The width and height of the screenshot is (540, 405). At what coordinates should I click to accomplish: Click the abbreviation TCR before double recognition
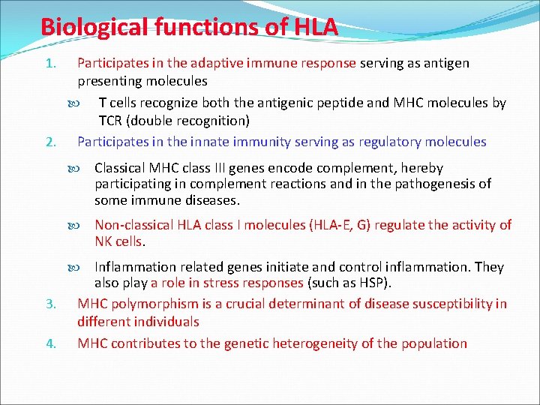pos(112,121)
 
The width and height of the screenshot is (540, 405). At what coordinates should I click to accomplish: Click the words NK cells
pos(119,241)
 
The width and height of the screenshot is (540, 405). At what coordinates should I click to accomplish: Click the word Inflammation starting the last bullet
pos(131,267)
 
